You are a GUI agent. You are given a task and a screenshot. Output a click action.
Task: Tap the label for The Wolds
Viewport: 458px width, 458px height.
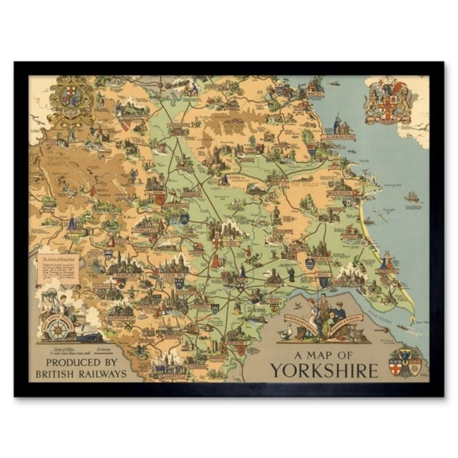pos(305,184)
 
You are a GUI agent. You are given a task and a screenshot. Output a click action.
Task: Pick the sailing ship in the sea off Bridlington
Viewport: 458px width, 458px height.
pos(411,197)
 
